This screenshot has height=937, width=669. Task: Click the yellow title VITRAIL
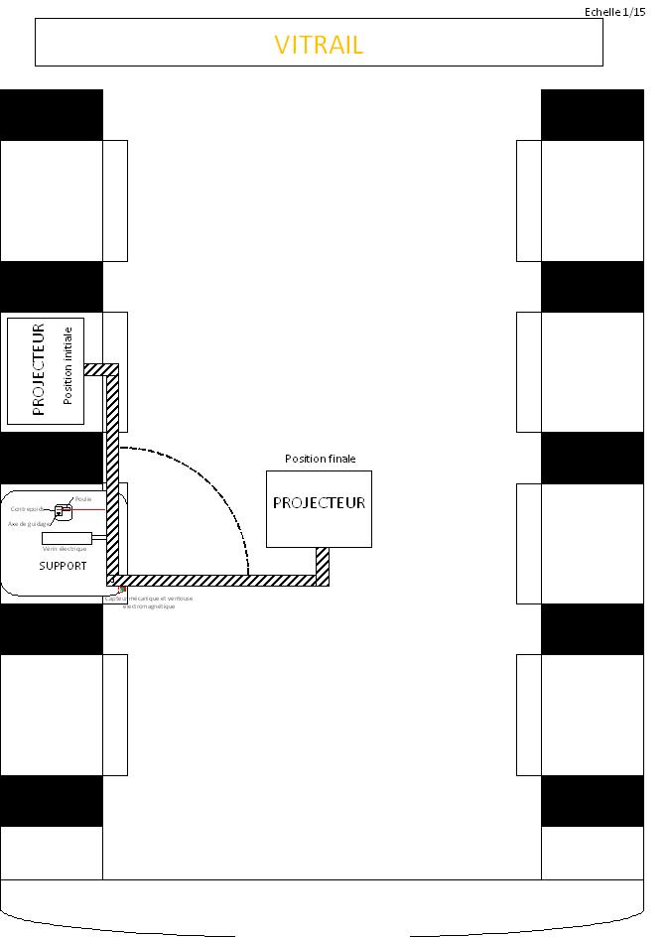(x=319, y=45)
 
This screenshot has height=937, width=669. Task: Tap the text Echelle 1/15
(x=614, y=12)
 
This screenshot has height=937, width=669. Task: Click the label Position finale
(x=320, y=459)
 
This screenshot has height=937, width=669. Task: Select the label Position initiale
(x=68, y=365)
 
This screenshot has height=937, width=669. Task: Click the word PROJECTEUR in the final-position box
(x=319, y=503)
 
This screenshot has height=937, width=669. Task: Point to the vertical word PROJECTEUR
(x=40, y=368)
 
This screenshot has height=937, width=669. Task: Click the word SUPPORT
(x=63, y=566)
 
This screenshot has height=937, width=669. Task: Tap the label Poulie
(x=83, y=499)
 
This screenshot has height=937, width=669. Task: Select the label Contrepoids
(x=28, y=509)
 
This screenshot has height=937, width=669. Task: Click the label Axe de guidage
(x=29, y=523)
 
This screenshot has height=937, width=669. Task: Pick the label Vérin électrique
(x=65, y=549)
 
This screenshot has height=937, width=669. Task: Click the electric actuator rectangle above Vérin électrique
(x=67, y=538)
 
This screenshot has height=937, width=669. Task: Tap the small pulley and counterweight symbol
(x=62, y=511)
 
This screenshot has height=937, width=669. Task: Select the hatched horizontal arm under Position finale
(x=218, y=581)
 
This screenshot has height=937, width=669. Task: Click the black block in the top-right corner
(x=592, y=115)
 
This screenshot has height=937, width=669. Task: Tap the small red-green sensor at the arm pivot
(x=122, y=590)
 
